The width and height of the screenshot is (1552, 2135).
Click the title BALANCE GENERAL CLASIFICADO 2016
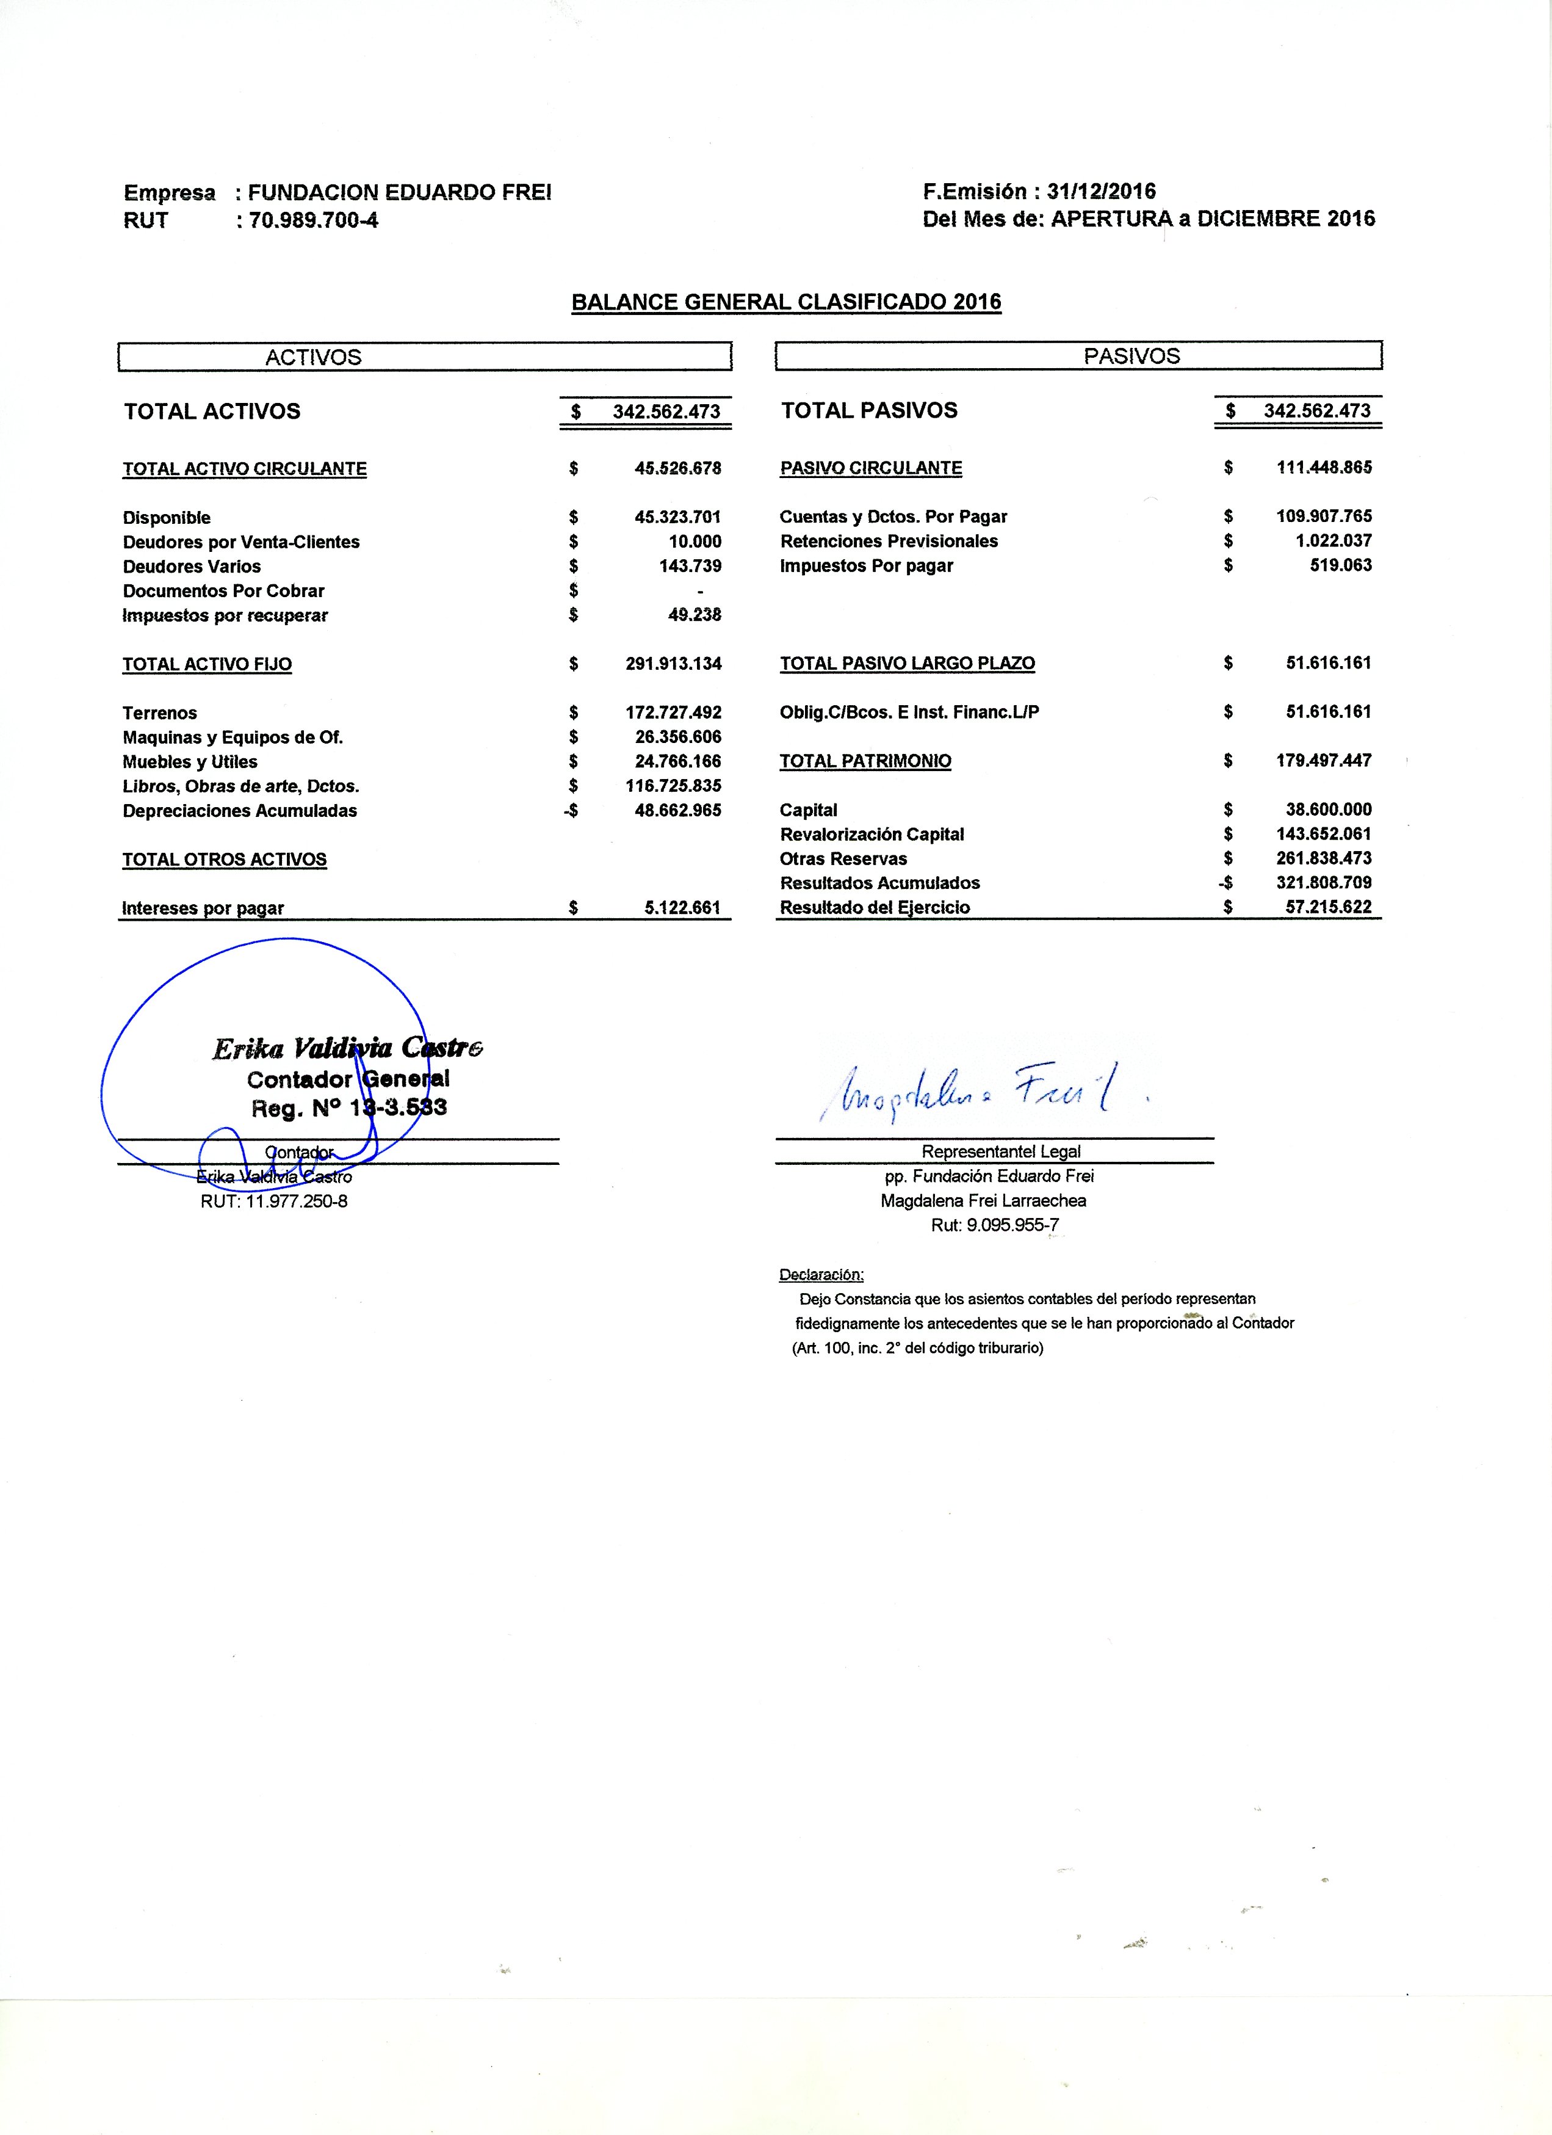pos(786,302)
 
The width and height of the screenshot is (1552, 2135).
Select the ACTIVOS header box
pos(425,357)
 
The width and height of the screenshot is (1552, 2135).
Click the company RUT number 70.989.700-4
pos(314,221)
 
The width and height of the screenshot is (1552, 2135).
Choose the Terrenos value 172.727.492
pos(673,712)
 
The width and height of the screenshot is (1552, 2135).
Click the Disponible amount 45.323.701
pos(677,517)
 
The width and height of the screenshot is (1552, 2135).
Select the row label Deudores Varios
pos(191,567)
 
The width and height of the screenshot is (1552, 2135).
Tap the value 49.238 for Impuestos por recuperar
pos(694,615)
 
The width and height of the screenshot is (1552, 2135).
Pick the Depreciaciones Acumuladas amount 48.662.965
pos(677,811)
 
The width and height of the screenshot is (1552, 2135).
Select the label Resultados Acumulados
pos(879,883)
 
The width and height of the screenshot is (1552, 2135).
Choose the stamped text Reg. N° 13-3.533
pos(348,1109)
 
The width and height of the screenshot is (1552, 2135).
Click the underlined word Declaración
pos(821,1275)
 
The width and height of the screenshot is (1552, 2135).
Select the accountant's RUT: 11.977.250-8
pos(274,1201)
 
